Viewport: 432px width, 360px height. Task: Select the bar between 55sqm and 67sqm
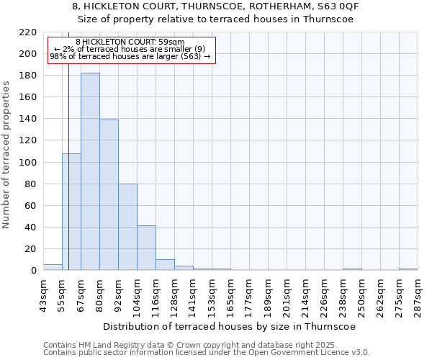[x=71, y=212]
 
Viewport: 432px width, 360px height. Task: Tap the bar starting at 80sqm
[x=109, y=194]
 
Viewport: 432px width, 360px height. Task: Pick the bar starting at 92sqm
[x=127, y=227]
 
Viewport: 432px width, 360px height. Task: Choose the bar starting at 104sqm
[x=146, y=248]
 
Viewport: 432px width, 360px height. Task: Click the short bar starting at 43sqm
[x=53, y=267]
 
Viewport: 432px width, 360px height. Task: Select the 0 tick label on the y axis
[x=33, y=271]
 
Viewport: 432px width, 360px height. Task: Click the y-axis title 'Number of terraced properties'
[x=6, y=154]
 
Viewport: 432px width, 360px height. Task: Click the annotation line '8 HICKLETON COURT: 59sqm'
[x=130, y=42]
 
